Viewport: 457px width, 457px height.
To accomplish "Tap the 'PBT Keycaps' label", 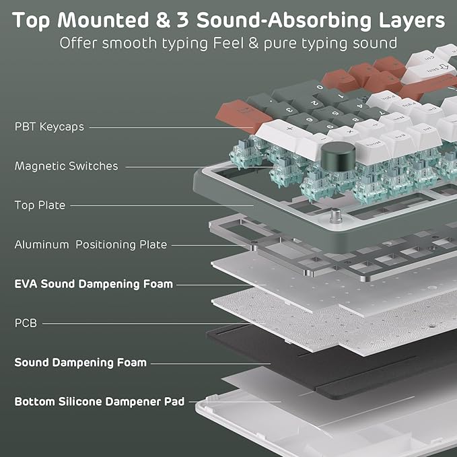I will (x=49, y=127).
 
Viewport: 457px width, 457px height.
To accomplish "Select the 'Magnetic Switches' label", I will (x=66, y=166).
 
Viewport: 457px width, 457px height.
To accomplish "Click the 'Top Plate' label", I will (x=40, y=205).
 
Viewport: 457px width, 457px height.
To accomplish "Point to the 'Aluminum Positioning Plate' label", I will (x=91, y=245).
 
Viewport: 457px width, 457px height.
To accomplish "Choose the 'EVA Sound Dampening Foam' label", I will (x=94, y=284).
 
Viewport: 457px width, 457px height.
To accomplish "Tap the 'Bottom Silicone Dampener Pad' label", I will (x=100, y=402).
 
